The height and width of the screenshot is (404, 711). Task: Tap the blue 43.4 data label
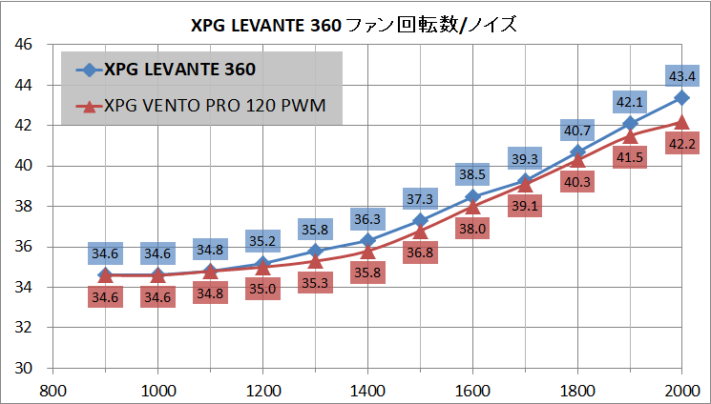(680, 75)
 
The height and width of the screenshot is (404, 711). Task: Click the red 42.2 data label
(680, 144)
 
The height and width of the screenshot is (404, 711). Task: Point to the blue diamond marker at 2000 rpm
(681, 97)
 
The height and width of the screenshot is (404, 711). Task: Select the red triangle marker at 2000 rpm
(681, 121)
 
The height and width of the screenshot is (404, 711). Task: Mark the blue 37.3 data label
(420, 198)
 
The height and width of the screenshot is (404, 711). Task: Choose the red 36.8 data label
(420, 252)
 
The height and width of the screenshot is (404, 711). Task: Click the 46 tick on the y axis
(25, 45)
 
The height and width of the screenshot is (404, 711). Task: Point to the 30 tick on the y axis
(25, 368)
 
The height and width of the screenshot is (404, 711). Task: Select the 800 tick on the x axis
(53, 390)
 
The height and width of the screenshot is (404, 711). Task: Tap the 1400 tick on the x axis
(367, 390)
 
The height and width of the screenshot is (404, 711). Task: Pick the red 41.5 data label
(629, 158)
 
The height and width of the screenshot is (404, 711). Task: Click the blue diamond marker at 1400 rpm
(367, 240)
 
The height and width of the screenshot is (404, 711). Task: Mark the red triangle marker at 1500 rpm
(420, 231)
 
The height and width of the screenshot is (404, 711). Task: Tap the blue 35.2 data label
(262, 241)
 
